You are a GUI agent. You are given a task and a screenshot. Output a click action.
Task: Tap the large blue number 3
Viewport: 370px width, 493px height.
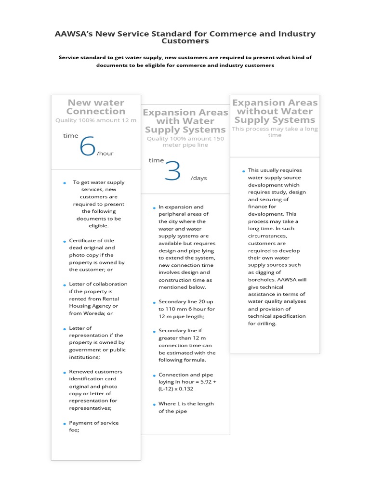point(172,171)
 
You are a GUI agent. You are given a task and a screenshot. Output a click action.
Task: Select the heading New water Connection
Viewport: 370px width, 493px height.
point(96,107)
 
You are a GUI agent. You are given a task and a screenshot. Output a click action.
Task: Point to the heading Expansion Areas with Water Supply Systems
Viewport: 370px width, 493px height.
point(185,121)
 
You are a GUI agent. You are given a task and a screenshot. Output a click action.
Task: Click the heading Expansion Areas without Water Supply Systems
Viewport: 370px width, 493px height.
point(275,111)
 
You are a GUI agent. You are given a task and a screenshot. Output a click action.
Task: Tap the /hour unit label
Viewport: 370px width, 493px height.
point(105,154)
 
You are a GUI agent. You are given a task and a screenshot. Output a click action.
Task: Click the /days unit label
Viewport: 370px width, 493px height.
point(198,178)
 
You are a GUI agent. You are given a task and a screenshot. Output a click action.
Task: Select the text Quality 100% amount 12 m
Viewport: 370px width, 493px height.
point(96,120)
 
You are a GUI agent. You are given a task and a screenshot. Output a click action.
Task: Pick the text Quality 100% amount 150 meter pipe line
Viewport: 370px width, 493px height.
point(185,142)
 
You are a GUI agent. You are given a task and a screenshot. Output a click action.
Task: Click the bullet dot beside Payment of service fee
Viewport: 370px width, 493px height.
point(64,424)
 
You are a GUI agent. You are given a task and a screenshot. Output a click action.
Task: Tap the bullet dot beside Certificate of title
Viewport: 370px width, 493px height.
point(64,241)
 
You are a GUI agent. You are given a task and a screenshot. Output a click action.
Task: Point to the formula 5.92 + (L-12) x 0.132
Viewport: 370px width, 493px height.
point(186,386)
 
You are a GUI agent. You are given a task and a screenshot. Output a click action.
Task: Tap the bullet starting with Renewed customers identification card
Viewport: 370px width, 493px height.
point(95,389)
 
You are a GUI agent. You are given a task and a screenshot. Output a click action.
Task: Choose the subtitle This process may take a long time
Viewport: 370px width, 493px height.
point(275,132)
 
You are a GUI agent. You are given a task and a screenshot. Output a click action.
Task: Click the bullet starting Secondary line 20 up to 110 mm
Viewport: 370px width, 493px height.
point(186,309)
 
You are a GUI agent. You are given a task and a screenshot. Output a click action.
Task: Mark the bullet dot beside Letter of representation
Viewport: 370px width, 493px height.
point(64,329)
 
